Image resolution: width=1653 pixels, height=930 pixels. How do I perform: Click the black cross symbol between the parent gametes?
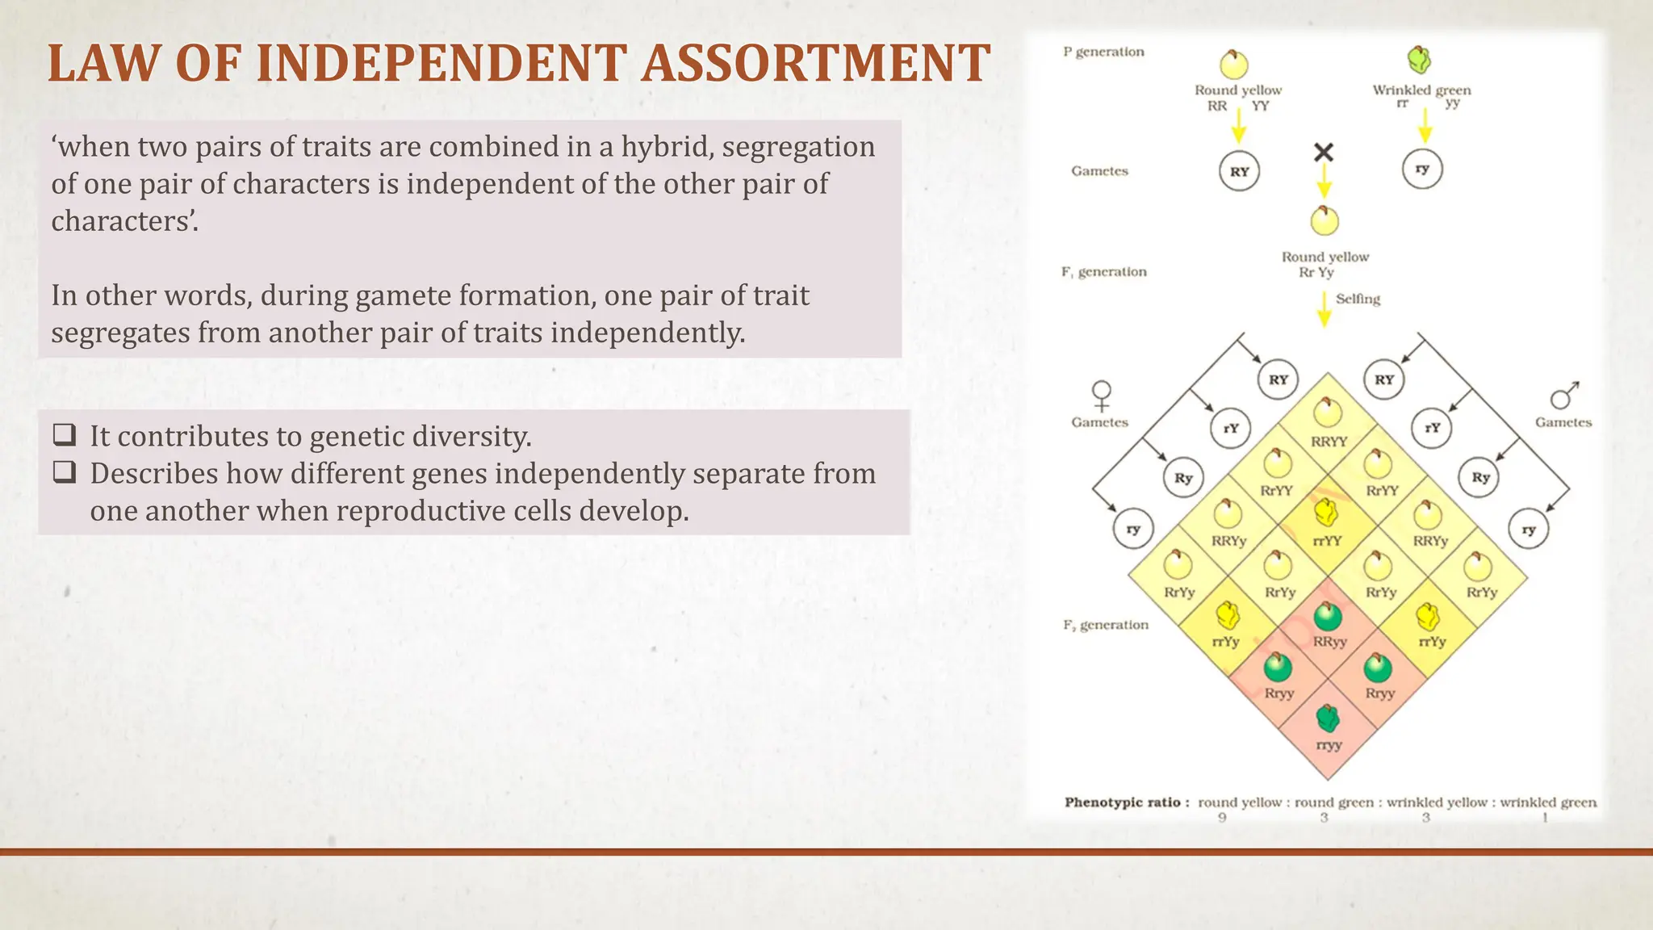(1324, 152)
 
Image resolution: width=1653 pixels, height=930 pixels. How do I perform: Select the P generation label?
(1103, 52)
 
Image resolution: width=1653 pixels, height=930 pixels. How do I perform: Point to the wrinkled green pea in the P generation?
(1419, 59)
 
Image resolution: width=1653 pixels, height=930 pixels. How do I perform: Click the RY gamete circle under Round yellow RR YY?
(1239, 171)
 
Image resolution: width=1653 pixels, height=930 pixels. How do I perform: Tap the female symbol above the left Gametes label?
(1101, 396)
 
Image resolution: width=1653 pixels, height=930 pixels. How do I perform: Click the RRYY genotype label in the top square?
(1329, 442)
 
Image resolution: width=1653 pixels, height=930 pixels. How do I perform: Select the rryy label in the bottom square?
(1329, 745)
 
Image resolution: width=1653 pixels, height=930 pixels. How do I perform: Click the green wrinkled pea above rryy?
(1328, 717)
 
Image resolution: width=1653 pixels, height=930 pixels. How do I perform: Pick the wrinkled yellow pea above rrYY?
(1326, 512)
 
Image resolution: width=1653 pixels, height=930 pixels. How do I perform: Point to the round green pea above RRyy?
(1328, 616)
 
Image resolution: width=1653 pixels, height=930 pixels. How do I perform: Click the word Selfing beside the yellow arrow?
(1358, 299)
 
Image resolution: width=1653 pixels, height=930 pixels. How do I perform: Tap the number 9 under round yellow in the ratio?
(1222, 818)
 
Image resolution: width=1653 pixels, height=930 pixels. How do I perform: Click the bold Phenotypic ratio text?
(1126, 802)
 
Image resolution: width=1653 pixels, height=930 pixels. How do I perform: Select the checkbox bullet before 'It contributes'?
(65, 435)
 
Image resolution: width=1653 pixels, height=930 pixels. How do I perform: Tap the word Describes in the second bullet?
(153, 474)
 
